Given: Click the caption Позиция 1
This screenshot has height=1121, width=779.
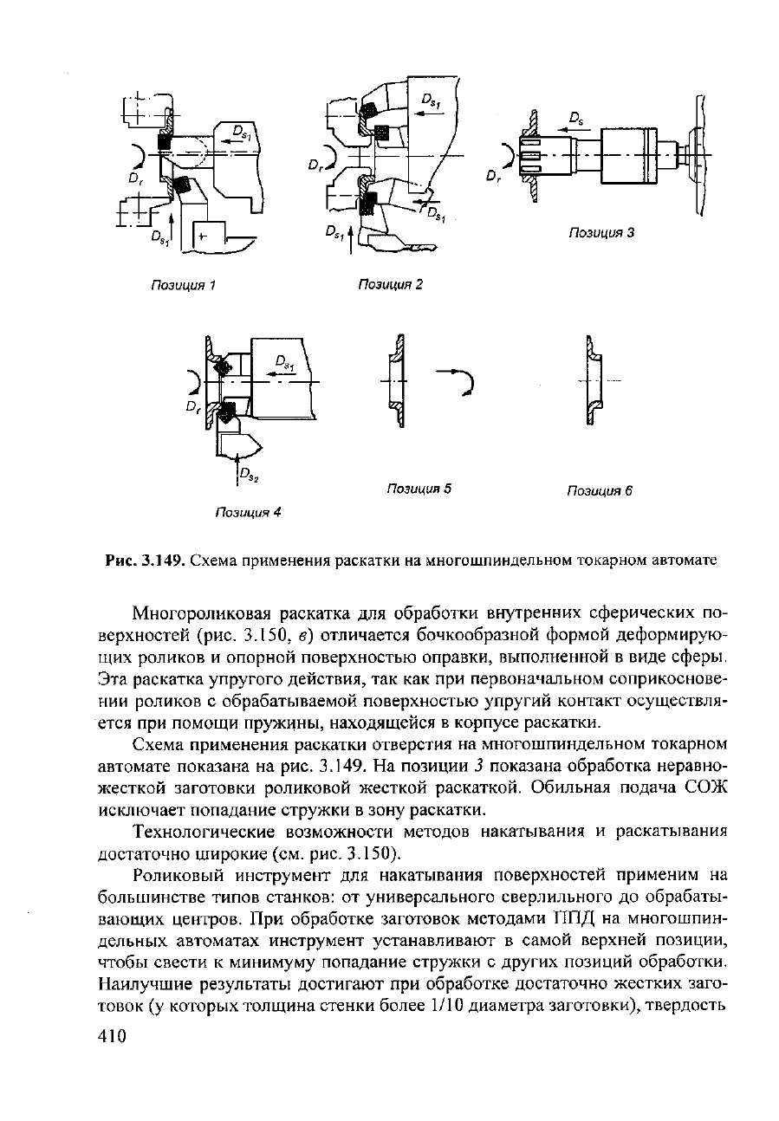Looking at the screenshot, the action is [x=183, y=286].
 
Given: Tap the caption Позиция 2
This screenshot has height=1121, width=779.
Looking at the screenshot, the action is [x=391, y=285].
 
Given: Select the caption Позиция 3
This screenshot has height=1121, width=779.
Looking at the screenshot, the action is [x=601, y=233].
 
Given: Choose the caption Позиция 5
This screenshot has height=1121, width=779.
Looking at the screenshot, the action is [x=419, y=489].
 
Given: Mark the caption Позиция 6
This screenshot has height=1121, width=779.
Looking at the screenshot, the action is [x=600, y=491].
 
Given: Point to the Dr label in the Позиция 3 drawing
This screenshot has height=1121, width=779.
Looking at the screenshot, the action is [x=493, y=178].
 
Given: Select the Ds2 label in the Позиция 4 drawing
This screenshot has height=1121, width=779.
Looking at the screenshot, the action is [x=249, y=475].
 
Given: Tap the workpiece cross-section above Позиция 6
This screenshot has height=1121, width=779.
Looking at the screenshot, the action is [x=594, y=381].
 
